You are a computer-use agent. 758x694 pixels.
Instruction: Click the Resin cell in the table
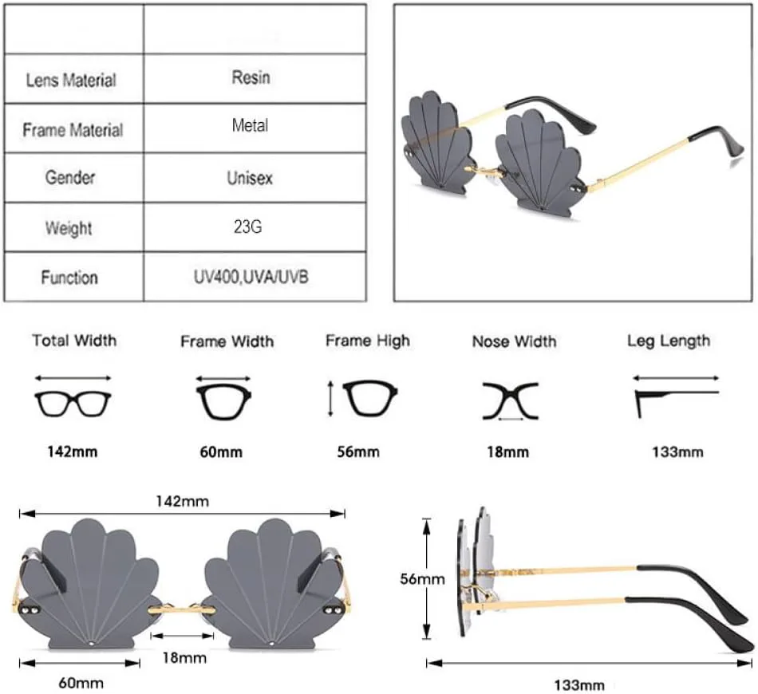pos(251,77)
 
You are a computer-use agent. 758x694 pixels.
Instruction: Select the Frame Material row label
pos(73,130)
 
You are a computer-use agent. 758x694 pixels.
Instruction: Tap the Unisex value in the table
pos(251,178)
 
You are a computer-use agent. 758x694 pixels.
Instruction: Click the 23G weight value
pos(249,227)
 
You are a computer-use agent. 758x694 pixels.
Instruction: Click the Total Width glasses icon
pos(73,401)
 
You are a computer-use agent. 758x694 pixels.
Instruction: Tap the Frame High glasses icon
pos(369,397)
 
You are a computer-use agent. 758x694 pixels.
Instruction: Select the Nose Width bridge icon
pos(511,400)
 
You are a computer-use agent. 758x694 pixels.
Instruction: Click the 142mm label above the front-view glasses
pos(183,501)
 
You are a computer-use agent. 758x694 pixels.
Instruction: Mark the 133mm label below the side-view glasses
pos(578,684)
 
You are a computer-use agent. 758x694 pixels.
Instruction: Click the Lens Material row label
pos(71,80)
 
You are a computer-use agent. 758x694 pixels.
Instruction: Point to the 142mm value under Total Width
pos(72,451)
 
